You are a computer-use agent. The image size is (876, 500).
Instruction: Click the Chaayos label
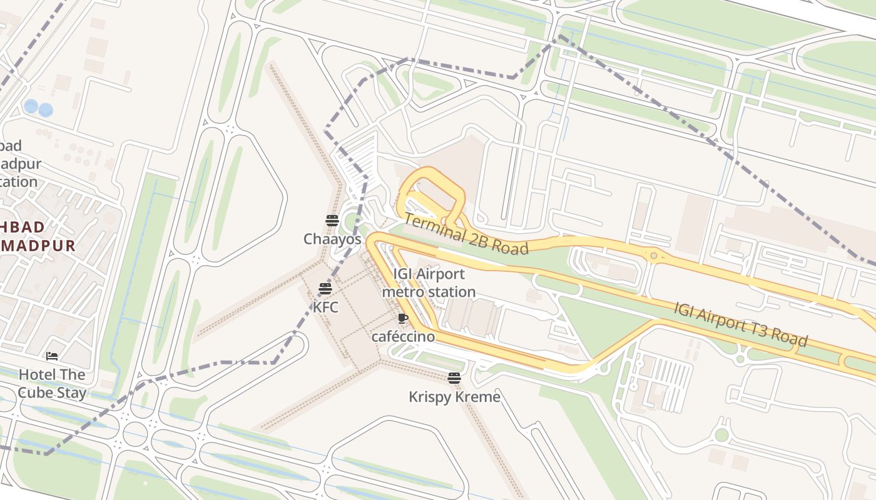[x=332, y=239]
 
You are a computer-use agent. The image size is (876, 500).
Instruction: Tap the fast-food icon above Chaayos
[x=332, y=220]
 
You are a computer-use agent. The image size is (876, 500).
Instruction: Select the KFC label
[x=325, y=307]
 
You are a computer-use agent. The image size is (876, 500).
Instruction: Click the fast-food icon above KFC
[x=325, y=289]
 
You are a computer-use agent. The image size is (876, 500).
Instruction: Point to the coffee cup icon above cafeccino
[x=403, y=318]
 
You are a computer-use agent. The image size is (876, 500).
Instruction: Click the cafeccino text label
[x=403, y=336]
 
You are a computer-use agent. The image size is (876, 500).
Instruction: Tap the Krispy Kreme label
[x=454, y=397]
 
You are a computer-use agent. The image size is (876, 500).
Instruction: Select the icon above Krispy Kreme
[x=454, y=378]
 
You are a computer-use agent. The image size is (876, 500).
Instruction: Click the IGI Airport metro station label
[x=429, y=282]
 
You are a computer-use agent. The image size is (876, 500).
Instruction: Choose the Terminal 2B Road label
[x=466, y=234]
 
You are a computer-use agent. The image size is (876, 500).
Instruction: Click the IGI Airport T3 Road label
[x=741, y=324]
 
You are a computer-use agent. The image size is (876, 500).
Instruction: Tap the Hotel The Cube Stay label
[x=52, y=383]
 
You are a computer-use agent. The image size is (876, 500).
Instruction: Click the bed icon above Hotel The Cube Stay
[x=52, y=356]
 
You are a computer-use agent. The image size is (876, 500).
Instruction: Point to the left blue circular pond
[x=31, y=106]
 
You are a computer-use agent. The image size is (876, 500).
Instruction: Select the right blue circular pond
[x=46, y=111]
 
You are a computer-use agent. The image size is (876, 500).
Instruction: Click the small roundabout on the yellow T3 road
[x=654, y=256]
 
